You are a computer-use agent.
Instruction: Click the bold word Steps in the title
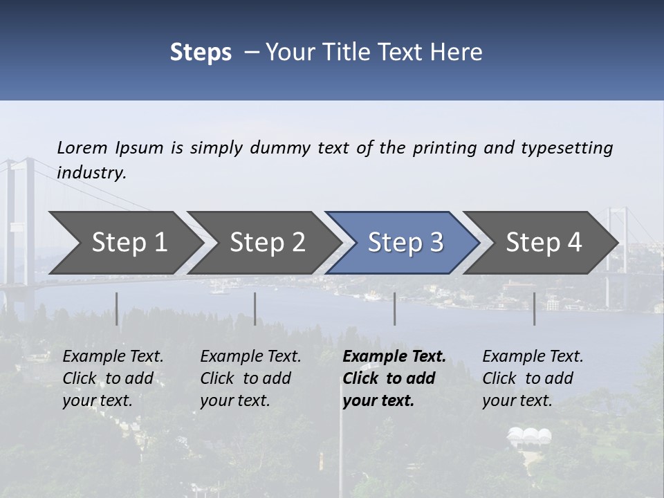tap(201, 53)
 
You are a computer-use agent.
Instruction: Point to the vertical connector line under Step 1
tap(116, 308)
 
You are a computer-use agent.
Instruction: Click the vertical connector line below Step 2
tap(255, 308)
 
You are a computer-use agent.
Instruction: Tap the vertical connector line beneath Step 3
tap(395, 308)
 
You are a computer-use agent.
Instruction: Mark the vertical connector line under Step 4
tap(534, 308)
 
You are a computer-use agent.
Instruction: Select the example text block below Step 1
tap(113, 378)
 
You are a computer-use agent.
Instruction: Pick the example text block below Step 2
tap(250, 378)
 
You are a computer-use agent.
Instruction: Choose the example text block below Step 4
tap(533, 378)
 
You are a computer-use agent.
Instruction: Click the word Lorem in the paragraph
tap(82, 148)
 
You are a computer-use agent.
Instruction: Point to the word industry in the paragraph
tap(91, 173)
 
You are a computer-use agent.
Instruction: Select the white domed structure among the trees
tap(530, 436)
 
